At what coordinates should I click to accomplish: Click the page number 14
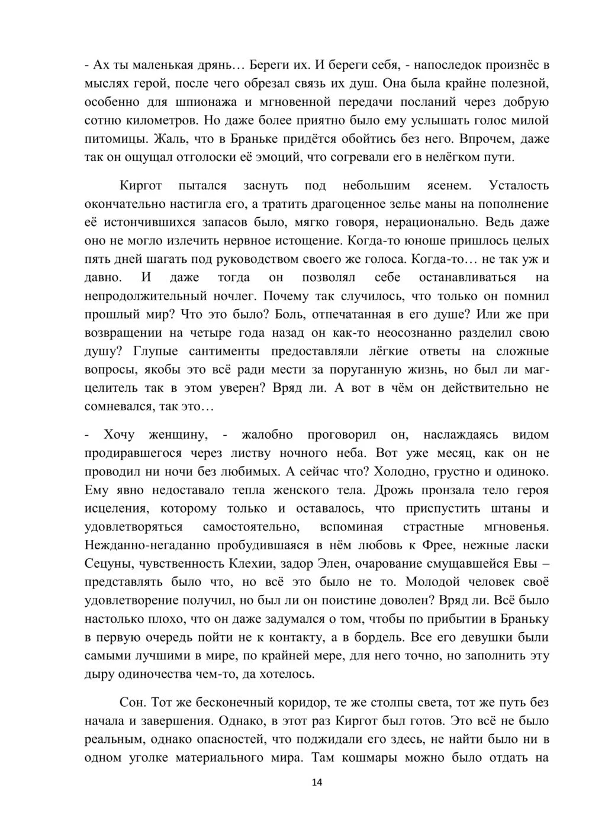pyautogui.click(x=317, y=783)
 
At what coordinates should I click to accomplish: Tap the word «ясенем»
pyautogui.click(x=449, y=185)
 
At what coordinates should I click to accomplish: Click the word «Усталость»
pyautogui.click(x=519, y=185)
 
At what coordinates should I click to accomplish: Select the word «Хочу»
pyautogui.click(x=119, y=434)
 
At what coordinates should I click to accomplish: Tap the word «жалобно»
pyautogui.click(x=266, y=434)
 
